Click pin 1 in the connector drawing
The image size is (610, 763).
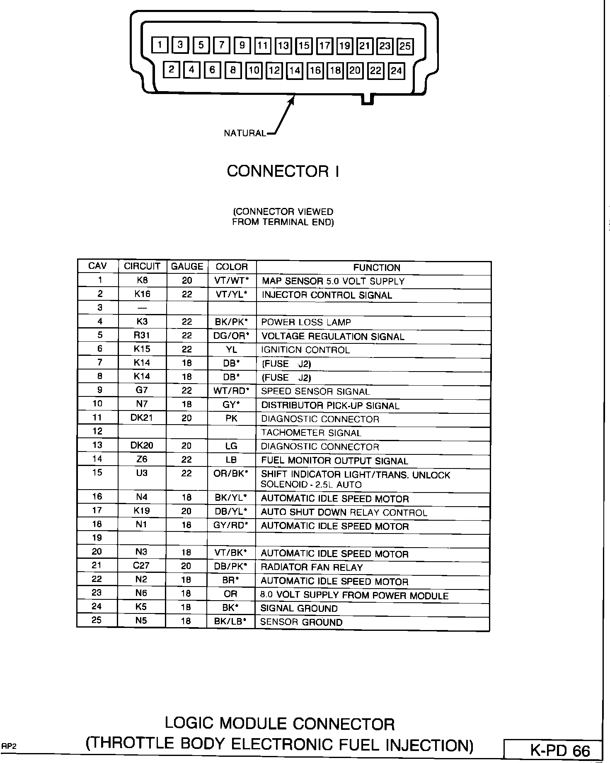click(x=160, y=45)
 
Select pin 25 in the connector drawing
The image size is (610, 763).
click(x=405, y=46)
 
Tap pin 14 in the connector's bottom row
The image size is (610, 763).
click(x=295, y=70)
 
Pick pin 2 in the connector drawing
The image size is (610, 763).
click(x=171, y=69)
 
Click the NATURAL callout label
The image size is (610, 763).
click(x=244, y=133)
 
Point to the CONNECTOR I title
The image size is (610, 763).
click(x=283, y=171)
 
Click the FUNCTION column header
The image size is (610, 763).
click(x=376, y=268)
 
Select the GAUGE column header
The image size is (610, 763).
click(x=187, y=267)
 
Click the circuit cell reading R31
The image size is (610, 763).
click(x=142, y=335)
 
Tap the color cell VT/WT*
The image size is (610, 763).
click(x=232, y=280)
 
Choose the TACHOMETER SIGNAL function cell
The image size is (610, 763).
click(x=311, y=433)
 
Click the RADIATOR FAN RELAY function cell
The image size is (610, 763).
click(x=312, y=567)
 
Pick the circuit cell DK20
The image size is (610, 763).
click(x=142, y=446)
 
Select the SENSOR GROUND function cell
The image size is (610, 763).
click(x=301, y=622)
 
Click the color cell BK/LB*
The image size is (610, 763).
click(x=230, y=621)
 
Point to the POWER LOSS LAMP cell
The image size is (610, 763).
click(x=306, y=322)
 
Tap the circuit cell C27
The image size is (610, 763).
click(x=141, y=565)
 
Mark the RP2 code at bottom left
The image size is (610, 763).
click(x=8, y=746)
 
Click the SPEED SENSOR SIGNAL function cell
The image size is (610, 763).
click(x=315, y=391)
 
